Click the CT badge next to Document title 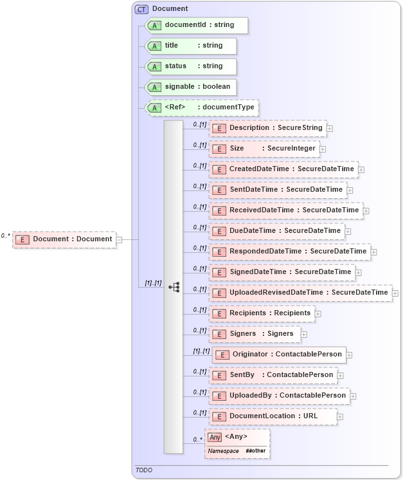(141, 9)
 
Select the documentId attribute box (195, 25)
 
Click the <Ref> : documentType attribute (202, 107)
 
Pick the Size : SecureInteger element (264, 149)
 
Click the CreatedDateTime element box (283, 169)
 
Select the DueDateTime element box (277, 231)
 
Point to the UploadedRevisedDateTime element (300, 293)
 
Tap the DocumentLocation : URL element (273, 416)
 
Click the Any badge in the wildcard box (215, 438)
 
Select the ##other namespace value (255, 451)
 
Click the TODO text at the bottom (144, 470)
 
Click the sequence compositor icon (174, 287)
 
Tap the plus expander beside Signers (304, 335)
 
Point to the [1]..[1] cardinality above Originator (201, 351)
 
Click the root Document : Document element (64, 239)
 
